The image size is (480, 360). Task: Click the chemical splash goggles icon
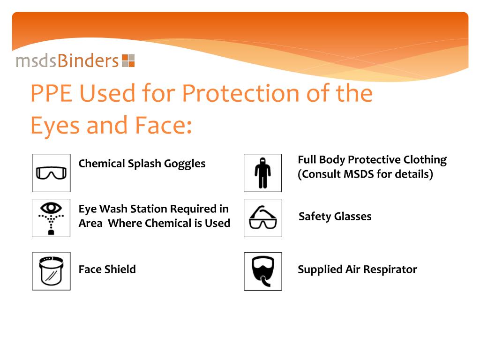(x=51, y=172)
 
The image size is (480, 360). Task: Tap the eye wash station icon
(x=51, y=218)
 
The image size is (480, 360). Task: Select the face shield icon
(x=51, y=271)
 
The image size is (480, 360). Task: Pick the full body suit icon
(x=262, y=172)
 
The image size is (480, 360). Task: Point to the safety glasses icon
(x=262, y=218)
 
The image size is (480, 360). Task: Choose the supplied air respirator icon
(x=262, y=271)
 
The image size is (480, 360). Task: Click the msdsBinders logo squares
(x=128, y=61)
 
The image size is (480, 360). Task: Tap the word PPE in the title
(x=50, y=93)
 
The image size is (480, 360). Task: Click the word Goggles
(x=185, y=164)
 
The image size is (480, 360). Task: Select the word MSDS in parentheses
(x=359, y=174)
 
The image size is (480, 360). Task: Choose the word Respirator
(x=390, y=270)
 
